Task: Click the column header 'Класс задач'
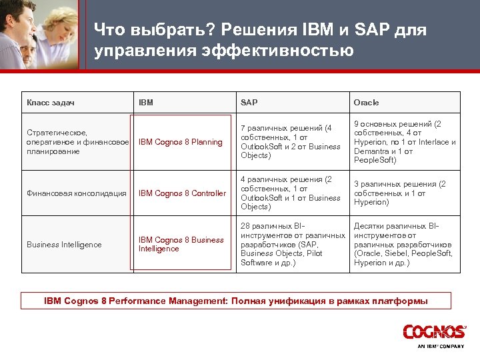(x=50, y=103)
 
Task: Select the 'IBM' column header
(x=146, y=103)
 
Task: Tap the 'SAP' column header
(x=249, y=103)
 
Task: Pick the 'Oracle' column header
(x=366, y=103)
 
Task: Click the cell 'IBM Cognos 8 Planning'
(x=180, y=142)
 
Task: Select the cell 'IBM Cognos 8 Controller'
(x=182, y=193)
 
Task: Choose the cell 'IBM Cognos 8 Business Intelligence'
(x=181, y=244)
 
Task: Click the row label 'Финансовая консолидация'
(x=77, y=193)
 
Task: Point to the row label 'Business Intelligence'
(x=64, y=245)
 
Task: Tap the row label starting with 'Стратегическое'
(x=77, y=142)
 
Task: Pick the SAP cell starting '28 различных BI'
(x=292, y=244)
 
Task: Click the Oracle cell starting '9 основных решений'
(x=404, y=142)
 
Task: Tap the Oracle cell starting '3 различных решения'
(x=399, y=193)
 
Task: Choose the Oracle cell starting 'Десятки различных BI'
(x=403, y=244)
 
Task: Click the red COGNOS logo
(x=433, y=331)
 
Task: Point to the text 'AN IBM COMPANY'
(x=440, y=346)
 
